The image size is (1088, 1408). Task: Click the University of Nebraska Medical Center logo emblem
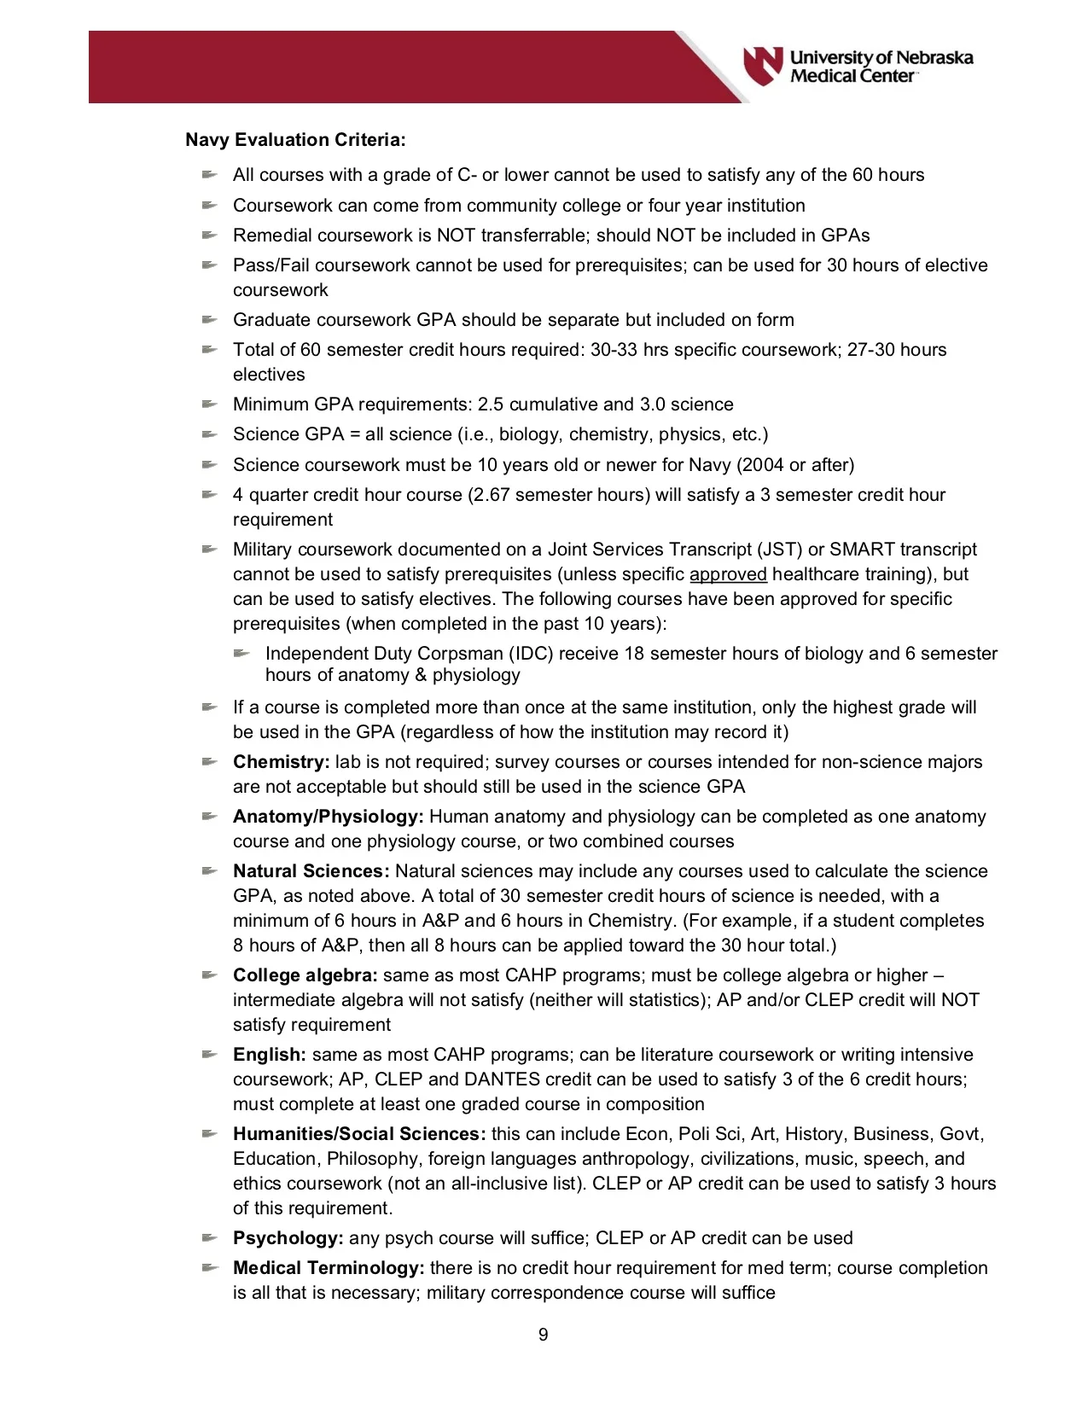(762, 66)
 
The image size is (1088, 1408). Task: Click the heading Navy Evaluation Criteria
(295, 140)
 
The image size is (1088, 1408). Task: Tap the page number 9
(544, 1335)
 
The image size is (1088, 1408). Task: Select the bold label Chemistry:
(281, 762)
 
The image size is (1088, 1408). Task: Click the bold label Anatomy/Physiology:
(328, 817)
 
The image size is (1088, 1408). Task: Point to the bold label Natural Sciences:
(311, 871)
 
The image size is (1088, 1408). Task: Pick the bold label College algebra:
(305, 975)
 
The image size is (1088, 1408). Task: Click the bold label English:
(269, 1055)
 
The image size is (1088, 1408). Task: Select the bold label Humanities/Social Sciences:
(359, 1134)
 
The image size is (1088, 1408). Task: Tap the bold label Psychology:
(288, 1238)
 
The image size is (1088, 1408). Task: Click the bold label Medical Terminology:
(328, 1268)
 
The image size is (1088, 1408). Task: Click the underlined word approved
(728, 574)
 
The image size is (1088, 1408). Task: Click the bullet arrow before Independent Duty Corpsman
(241, 654)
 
